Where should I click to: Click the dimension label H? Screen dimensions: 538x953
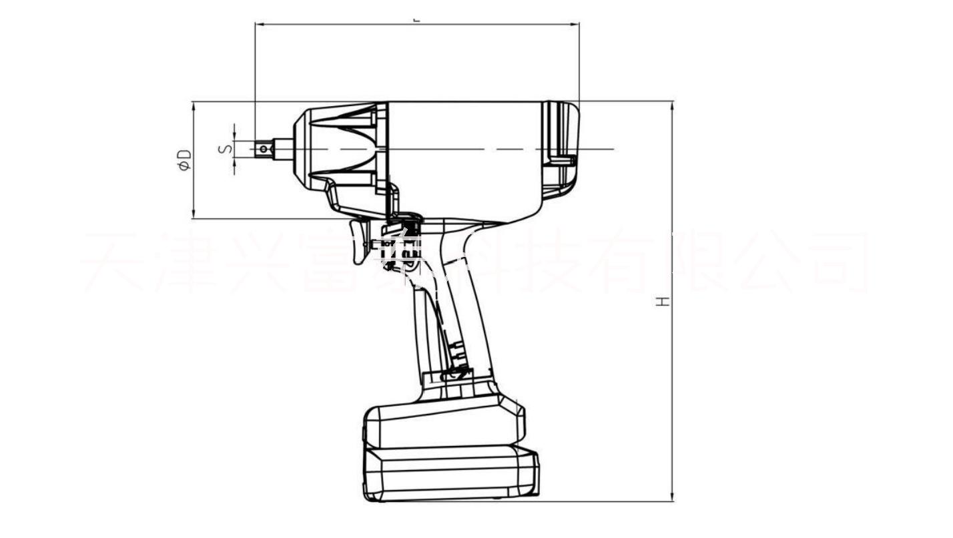click(x=663, y=302)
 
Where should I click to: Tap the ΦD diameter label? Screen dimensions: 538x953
click(x=185, y=160)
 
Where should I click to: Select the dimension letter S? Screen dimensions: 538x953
click(x=226, y=148)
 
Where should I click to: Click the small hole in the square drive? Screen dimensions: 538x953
click(x=265, y=149)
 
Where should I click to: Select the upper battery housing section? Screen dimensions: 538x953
click(x=444, y=424)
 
